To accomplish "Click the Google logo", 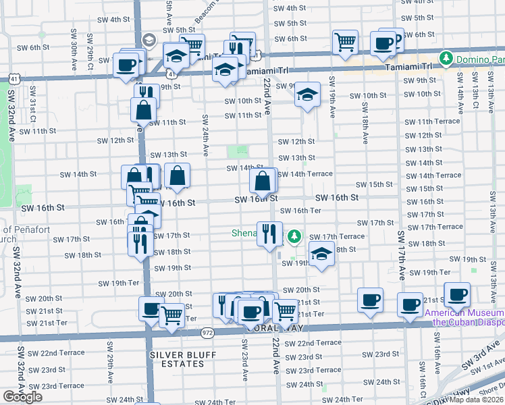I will coord(23,397).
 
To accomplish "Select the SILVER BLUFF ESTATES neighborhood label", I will coord(177,359).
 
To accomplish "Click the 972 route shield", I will coord(207,332).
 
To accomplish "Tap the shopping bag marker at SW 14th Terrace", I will coord(263,181).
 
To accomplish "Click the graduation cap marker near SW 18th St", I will coord(322,255).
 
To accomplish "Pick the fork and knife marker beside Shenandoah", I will coord(270,234).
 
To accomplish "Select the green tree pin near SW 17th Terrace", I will coord(294,237).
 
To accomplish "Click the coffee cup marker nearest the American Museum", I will coord(457,295).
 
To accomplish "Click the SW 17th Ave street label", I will coord(400,256).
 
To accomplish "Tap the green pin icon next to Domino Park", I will coord(446,59).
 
